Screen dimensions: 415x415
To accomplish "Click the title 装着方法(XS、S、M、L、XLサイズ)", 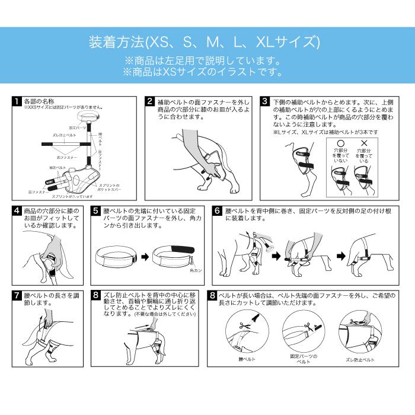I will (204, 42).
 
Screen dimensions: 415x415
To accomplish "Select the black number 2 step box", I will (151, 101).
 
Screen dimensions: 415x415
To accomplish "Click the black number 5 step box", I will (97, 210).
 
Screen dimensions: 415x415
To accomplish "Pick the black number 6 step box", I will (218, 210).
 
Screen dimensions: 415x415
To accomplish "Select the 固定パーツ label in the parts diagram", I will (77, 127).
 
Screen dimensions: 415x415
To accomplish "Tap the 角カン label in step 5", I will (195, 270).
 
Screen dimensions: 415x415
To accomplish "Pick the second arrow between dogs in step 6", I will (340, 257).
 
